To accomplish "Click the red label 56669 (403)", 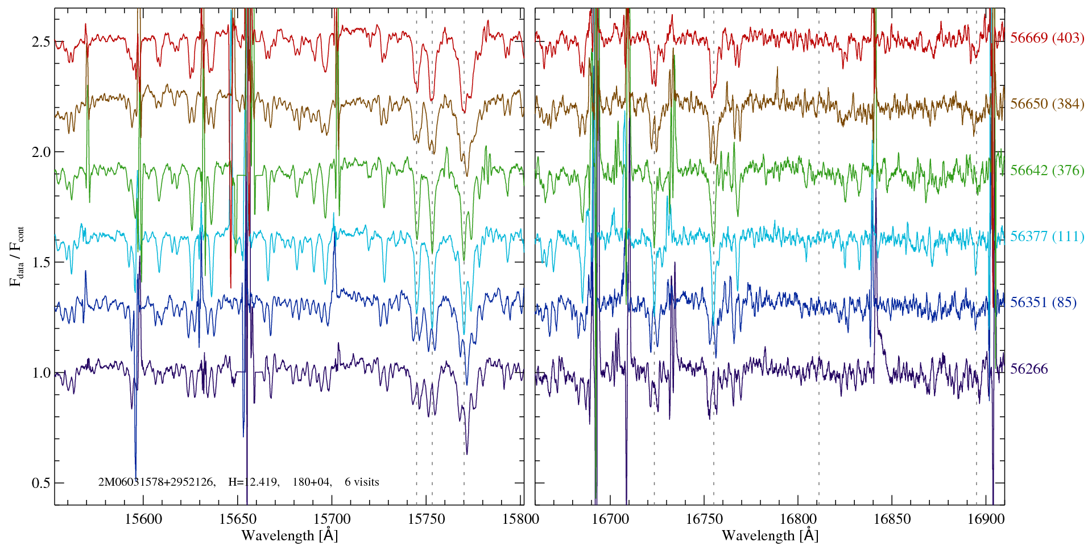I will pyautogui.click(x=1047, y=38).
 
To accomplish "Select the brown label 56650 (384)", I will pyautogui.click(x=1047, y=104).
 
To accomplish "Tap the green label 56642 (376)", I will pyautogui.click(x=1047, y=171).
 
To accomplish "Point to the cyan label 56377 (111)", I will pyautogui.click(x=1047, y=237).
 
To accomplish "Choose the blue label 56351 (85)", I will pyautogui.click(x=1043, y=303).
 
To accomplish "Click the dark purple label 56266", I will pyautogui.click(x=1029, y=369).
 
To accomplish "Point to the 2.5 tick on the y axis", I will pyautogui.click(x=40, y=42).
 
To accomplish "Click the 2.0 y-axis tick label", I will pyautogui.click(x=40, y=152).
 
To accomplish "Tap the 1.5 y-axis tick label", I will pyautogui.click(x=40, y=263).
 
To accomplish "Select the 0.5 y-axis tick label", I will pyautogui.click(x=40, y=483).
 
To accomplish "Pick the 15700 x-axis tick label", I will pyautogui.click(x=332, y=519).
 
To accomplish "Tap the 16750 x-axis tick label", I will pyautogui.click(x=704, y=519).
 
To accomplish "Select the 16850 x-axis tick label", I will pyautogui.click(x=891, y=519).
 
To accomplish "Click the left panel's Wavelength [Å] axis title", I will pyautogui.click(x=289, y=535).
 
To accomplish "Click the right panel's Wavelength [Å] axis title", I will pyautogui.click(x=770, y=535).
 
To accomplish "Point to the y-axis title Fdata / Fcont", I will pyautogui.click(x=17, y=256).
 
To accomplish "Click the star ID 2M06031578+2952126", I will pyautogui.click(x=156, y=482).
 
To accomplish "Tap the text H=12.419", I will pyautogui.click(x=253, y=482).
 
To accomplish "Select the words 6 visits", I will pyautogui.click(x=362, y=482).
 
